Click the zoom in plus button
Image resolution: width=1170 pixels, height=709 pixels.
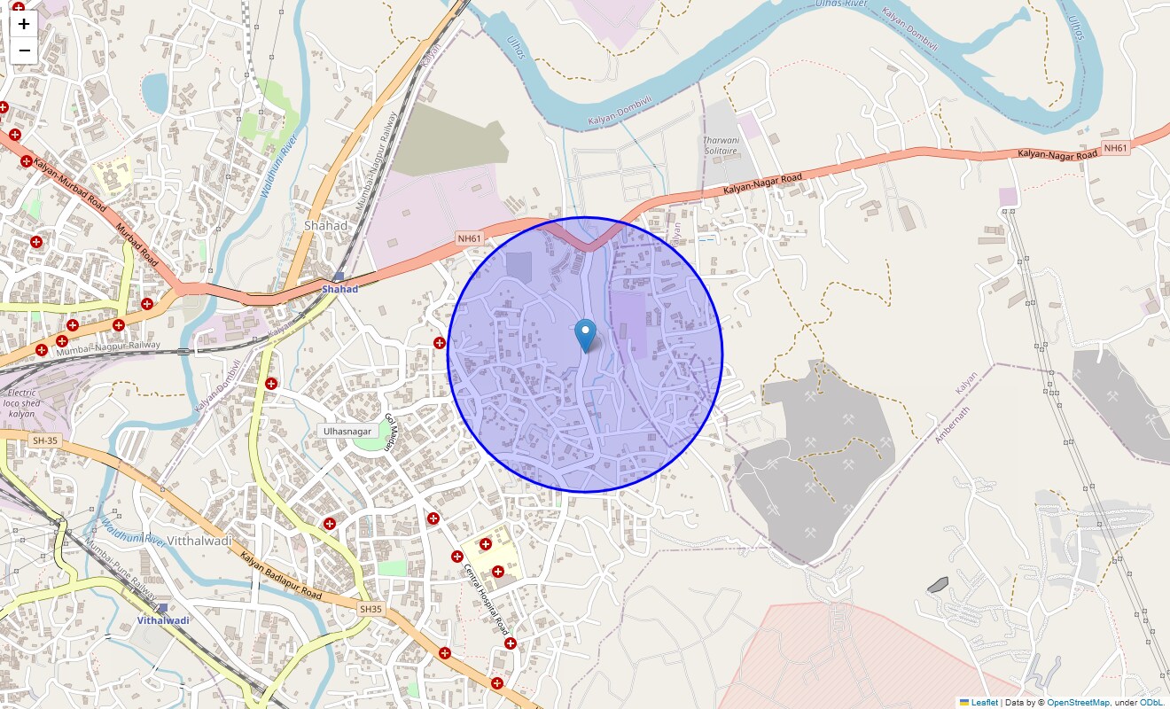tap(24, 24)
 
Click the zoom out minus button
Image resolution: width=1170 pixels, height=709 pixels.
tap(24, 51)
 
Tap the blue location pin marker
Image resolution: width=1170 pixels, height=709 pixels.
tap(585, 335)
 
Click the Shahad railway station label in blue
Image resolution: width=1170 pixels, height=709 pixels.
tap(339, 289)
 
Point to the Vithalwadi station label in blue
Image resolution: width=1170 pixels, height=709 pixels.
tap(163, 620)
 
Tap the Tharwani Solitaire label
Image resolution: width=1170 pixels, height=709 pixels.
tap(720, 145)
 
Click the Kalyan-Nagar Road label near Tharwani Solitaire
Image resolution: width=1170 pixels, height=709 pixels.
tap(762, 183)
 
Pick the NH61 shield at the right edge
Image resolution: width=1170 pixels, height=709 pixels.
tap(1115, 148)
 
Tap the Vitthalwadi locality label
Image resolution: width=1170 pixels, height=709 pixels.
tap(199, 541)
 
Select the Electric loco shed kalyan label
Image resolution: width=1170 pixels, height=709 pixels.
tap(21, 403)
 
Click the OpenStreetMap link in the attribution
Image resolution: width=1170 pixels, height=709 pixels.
tap(1078, 703)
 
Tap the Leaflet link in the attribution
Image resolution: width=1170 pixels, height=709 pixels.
tap(984, 703)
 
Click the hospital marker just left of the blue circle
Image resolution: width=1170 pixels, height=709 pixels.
tap(439, 342)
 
